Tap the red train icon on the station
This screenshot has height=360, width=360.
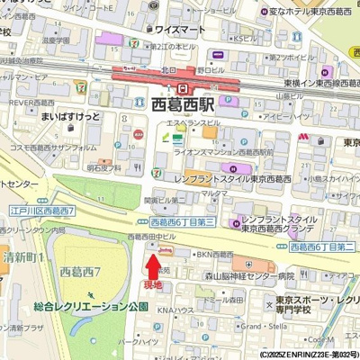tap(184, 88)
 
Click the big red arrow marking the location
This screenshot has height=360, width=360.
tap(153, 265)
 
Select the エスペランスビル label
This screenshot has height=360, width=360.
tap(192, 122)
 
